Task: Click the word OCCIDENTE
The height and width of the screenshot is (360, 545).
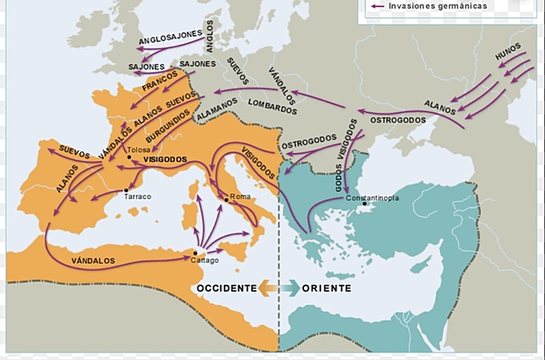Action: point(226,289)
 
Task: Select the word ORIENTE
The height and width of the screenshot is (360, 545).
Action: point(326,289)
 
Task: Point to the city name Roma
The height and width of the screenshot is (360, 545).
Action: point(239,197)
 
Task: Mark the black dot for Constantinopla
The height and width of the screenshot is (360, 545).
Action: point(364,203)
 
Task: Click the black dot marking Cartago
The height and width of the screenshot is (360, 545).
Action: point(196,252)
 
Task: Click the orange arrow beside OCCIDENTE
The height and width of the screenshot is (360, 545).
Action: point(268,289)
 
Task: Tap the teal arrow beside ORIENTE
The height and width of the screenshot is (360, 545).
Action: point(290,289)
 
